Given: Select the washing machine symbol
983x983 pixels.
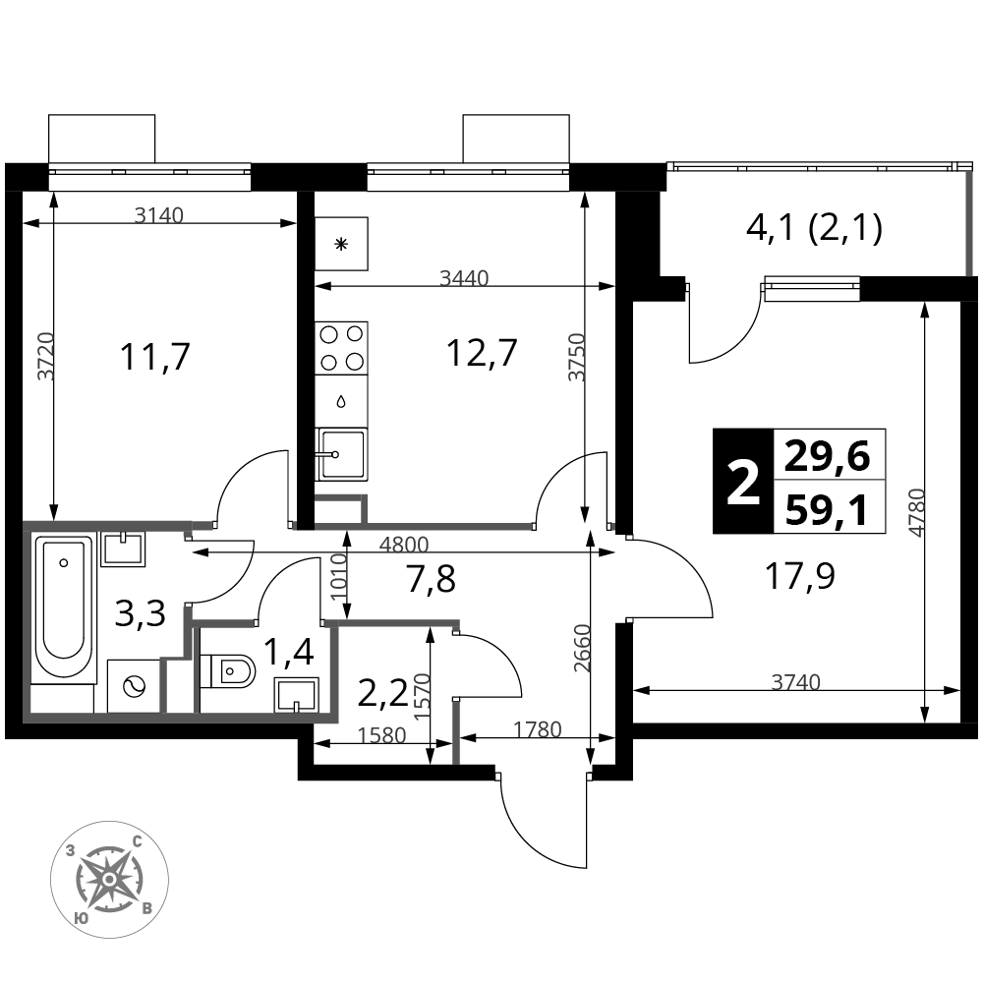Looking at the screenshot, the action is point(134,686).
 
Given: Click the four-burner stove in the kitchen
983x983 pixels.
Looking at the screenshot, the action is point(341,348).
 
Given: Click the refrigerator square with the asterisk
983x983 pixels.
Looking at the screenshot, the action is point(341,244).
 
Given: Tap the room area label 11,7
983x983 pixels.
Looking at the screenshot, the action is point(154,358).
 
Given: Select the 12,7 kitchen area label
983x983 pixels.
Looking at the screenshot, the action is point(482,353).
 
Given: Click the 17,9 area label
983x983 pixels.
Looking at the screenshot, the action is point(800,575).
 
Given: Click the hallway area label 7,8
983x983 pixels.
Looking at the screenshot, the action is point(431,578).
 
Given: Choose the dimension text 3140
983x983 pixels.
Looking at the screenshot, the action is point(159,215).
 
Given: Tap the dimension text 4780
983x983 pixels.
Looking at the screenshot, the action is point(916,512).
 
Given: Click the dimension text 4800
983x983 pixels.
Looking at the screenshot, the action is point(404,545).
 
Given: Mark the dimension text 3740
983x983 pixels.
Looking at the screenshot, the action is point(795,681).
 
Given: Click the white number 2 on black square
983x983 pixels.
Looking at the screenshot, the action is point(743,482).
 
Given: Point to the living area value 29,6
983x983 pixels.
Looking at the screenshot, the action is point(827,456).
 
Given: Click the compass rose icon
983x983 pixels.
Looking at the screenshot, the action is point(109,880).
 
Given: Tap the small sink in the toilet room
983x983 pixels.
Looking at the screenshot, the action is point(296,696).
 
